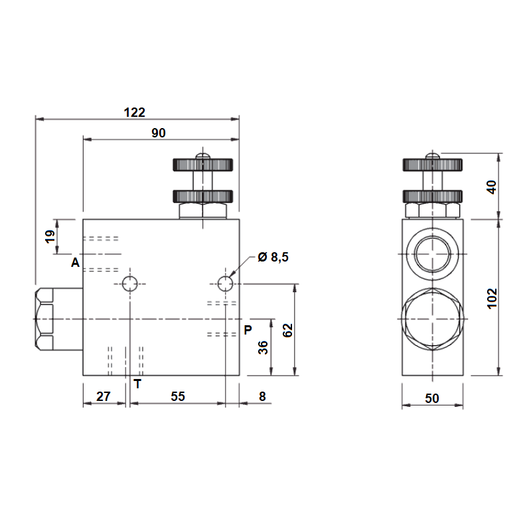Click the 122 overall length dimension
pos(135,112)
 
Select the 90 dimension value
pos(159,133)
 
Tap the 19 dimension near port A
pos(50,236)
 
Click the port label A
pos(75,262)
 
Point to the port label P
pos(248,329)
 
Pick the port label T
pos(137,384)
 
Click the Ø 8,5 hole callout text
pos(273,257)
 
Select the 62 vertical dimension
pos(287,330)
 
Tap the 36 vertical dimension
pos(263,347)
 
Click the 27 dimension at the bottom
pos(104,396)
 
